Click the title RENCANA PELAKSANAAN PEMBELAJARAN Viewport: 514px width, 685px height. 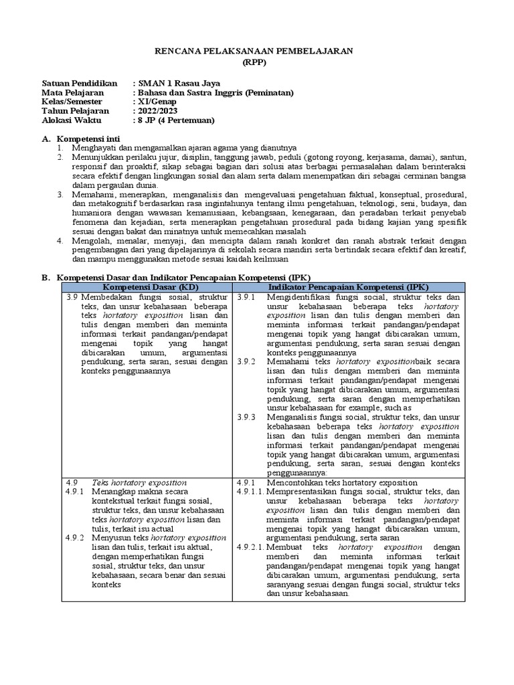(x=257, y=51)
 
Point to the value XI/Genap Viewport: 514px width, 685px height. (x=160, y=102)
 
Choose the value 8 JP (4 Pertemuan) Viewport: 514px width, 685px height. (x=176, y=120)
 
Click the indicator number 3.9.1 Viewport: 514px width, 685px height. (x=246, y=296)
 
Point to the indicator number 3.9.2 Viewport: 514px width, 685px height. (x=246, y=361)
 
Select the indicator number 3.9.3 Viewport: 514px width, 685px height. (x=246, y=417)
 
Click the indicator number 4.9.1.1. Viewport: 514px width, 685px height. (x=250, y=492)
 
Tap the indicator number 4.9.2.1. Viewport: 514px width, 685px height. (x=250, y=547)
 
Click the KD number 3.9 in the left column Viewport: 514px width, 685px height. (x=73, y=296)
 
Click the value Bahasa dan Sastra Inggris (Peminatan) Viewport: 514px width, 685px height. (x=216, y=92)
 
